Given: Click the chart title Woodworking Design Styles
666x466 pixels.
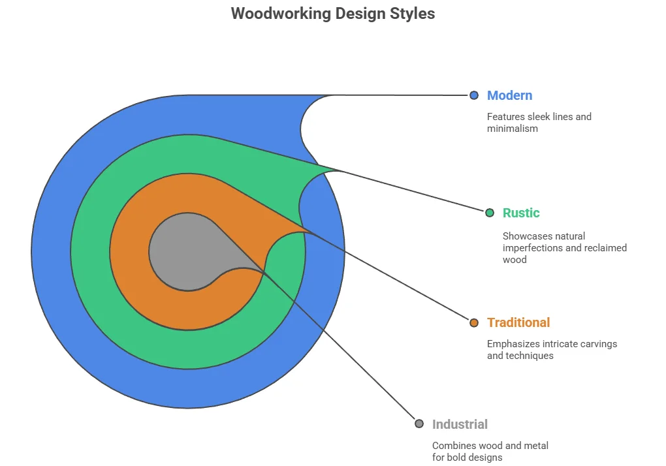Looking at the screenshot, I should point(332,14).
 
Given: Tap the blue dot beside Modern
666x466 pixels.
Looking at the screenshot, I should point(474,95).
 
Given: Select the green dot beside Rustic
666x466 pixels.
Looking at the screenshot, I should point(490,213).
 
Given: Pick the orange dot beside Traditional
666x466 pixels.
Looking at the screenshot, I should point(474,322).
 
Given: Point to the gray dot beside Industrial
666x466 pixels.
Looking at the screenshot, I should point(419,424).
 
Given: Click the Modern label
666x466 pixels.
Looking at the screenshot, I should point(509,95).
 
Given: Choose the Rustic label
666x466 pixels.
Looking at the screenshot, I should point(521,213).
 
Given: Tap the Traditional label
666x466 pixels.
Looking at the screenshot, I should point(518,322).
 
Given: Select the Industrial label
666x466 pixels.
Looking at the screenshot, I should point(460,424).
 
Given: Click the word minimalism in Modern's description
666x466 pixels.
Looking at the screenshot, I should point(513,129).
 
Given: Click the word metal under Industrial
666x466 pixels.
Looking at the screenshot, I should point(533,446).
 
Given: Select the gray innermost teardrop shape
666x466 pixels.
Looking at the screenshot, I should point(183,251).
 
